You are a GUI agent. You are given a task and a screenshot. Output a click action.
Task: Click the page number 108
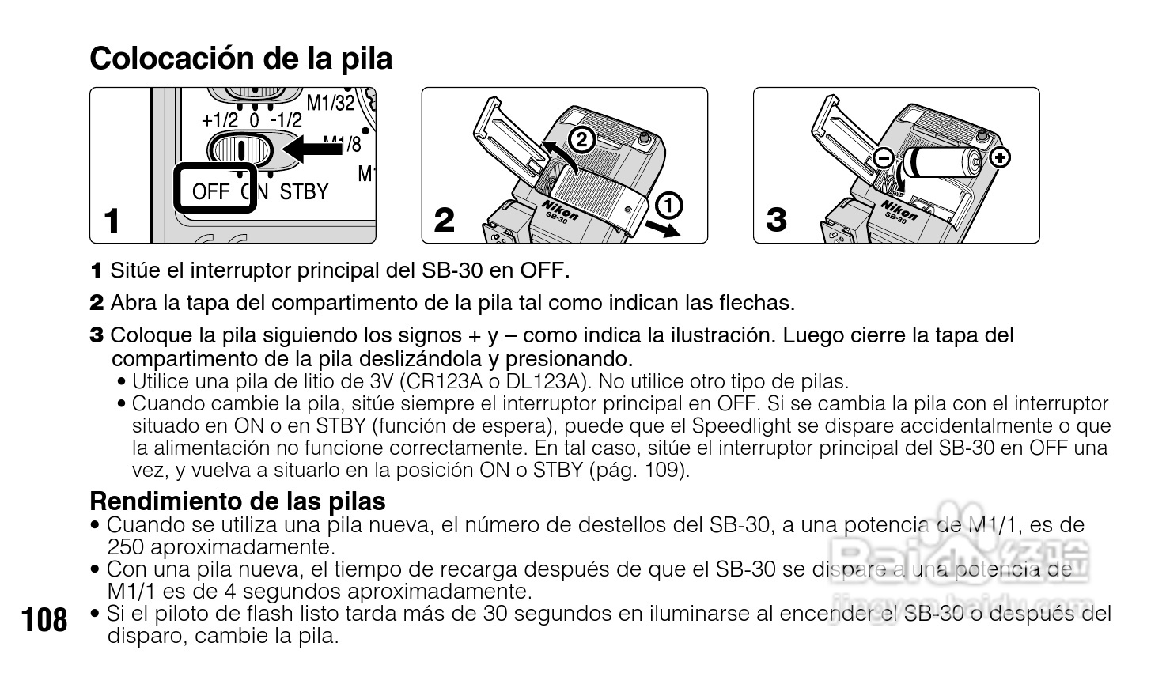(45, 619)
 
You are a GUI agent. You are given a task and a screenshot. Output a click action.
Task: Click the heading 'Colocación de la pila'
(240, 58)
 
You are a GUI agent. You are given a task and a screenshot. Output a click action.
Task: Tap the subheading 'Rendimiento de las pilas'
(237, 501)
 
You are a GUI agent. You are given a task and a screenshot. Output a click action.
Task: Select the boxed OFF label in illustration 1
(211, 191)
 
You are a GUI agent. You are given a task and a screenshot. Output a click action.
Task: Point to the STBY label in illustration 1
(304, 191)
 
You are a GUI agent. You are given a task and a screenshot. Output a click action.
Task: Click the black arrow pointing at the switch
(313, 148)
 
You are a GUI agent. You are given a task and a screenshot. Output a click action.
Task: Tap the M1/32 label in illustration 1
(331, 102)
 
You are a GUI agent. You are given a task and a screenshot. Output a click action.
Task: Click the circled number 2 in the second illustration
(581, 140)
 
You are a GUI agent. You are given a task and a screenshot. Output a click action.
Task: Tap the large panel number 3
(777, 220)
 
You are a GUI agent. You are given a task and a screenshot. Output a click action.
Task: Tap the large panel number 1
(113, 220)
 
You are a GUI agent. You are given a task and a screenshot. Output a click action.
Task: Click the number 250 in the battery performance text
(126, 546)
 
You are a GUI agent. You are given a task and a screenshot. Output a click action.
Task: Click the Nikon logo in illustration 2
(560, 210)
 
